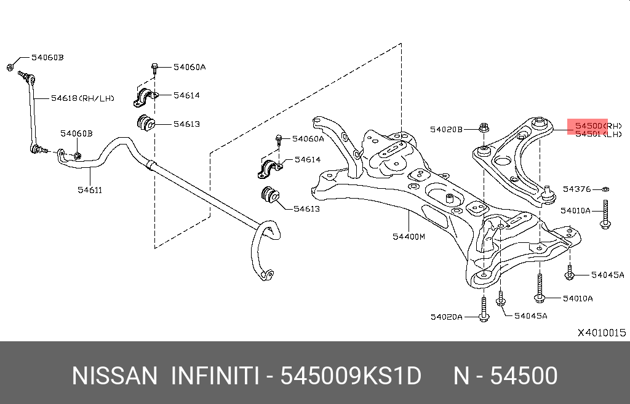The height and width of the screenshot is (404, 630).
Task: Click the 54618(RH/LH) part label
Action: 82,97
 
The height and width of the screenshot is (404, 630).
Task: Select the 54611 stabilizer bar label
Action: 89,190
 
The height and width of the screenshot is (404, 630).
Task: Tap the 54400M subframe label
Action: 409,237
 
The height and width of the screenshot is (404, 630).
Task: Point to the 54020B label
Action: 445,129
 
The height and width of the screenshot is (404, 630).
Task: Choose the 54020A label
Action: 446,317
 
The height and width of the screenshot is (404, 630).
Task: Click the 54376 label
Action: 576,189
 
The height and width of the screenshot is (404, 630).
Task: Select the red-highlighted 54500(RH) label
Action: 590,125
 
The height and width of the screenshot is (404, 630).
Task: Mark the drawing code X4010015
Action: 601,333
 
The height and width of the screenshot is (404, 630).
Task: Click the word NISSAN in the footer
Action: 114,376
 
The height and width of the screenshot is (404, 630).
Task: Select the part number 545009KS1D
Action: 351,376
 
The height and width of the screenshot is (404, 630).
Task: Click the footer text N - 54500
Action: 505,376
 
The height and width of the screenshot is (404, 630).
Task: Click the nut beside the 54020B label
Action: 484,129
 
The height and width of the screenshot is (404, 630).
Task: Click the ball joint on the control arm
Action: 549,193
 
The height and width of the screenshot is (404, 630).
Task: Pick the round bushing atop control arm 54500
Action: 540,122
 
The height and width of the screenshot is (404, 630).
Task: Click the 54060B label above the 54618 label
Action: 47,57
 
